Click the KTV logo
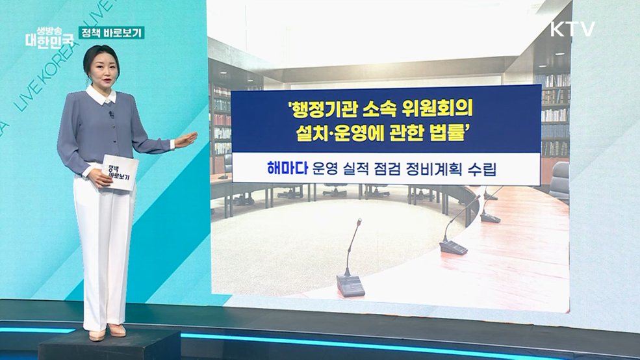[x=572, y=29]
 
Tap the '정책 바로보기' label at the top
[x=111, y=32]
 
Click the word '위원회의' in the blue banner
[x=435, y=105]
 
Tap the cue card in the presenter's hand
[x=120, y=172]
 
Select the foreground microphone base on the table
[x=350, y=285]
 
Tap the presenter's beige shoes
[x=107, y=331]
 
